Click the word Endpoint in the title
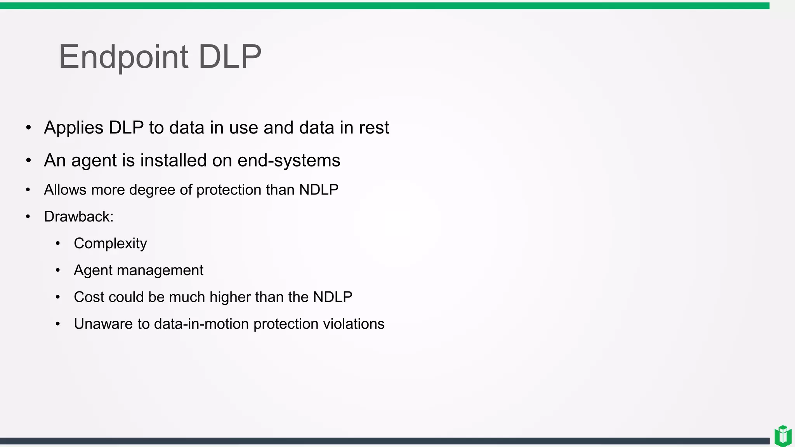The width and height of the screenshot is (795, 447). tap(123, 57)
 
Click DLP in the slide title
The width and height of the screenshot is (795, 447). tap(230, 57)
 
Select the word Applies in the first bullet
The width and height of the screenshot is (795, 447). tap(73, 128)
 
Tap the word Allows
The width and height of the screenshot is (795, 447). tap(65, 190)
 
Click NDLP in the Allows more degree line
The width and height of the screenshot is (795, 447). tap(318, 190)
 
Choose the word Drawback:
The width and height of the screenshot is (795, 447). tap(79, 217)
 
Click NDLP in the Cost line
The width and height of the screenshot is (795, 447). tap(333, 297)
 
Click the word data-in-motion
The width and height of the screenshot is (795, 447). tap(201, 324)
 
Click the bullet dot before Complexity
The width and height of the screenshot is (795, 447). tap(58, 244)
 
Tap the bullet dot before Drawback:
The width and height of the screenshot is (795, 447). tap(28, 217)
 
